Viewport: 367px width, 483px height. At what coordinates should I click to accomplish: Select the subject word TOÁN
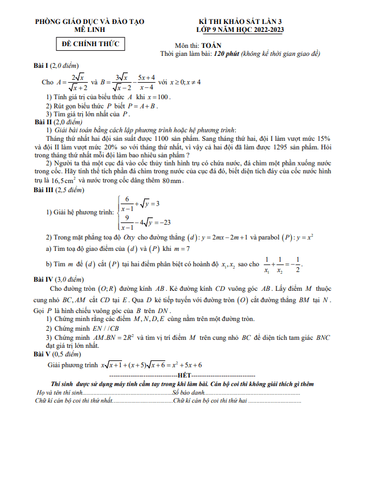[213, 45]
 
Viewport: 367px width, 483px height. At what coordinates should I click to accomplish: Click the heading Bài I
[44, 65]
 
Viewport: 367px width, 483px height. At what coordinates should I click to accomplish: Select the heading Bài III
[46, 190]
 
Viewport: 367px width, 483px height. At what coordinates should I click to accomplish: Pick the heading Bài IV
[46, 280]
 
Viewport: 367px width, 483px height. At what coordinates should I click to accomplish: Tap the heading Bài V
[44, 354]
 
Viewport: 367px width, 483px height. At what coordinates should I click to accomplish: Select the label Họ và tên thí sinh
[60, 393]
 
